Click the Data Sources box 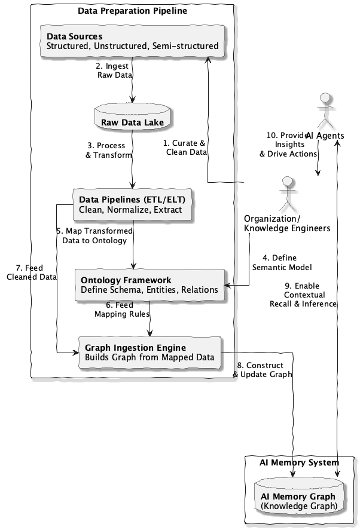click(x=132, y=41)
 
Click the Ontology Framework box click(x=150, y=284)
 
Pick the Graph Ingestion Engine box click(x=150, y=353)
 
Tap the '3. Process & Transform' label click(x=106, y=150)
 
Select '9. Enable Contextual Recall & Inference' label click(x=304, y=295)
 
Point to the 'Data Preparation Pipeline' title click(x=132, y=11)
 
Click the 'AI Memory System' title click(x=298, y=462)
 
